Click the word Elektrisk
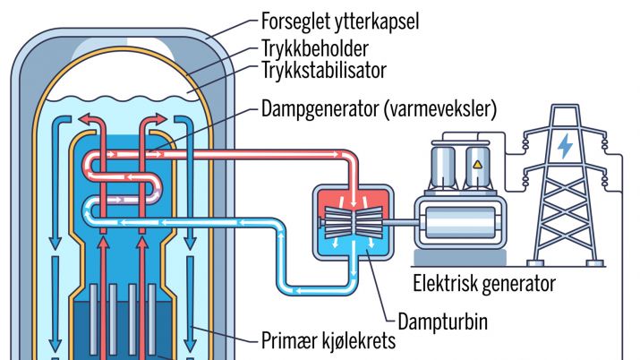[x=445, y=284]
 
